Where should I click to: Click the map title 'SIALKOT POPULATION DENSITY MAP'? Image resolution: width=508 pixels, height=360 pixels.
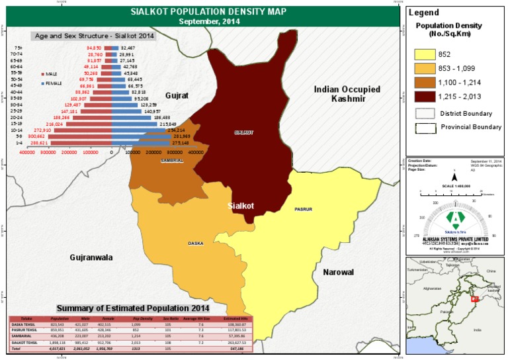pyautogui.click(x=202, y=12)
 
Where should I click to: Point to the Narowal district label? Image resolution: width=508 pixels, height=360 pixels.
pyautogui.click(x=338, y=272)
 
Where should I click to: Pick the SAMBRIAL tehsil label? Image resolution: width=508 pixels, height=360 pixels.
pyautogui.click(x=172, y=160)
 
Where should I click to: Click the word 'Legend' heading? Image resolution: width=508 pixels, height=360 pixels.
pyautogui.click(x=424, y=13)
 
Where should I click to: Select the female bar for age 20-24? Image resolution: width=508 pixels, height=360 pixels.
pyautogui.click(x=132, y=117)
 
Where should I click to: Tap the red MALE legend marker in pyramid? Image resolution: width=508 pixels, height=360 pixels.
pyautogui.click(x=42, y=74)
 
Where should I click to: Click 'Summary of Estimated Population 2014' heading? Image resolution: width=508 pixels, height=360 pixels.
pyautogui.click(x=132, y=308)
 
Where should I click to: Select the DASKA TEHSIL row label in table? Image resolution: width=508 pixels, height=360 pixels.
pyautogui.click(x=24, y=324)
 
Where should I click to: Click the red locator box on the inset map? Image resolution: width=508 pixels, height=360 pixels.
pyautogui.click(x=474, y=299)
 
